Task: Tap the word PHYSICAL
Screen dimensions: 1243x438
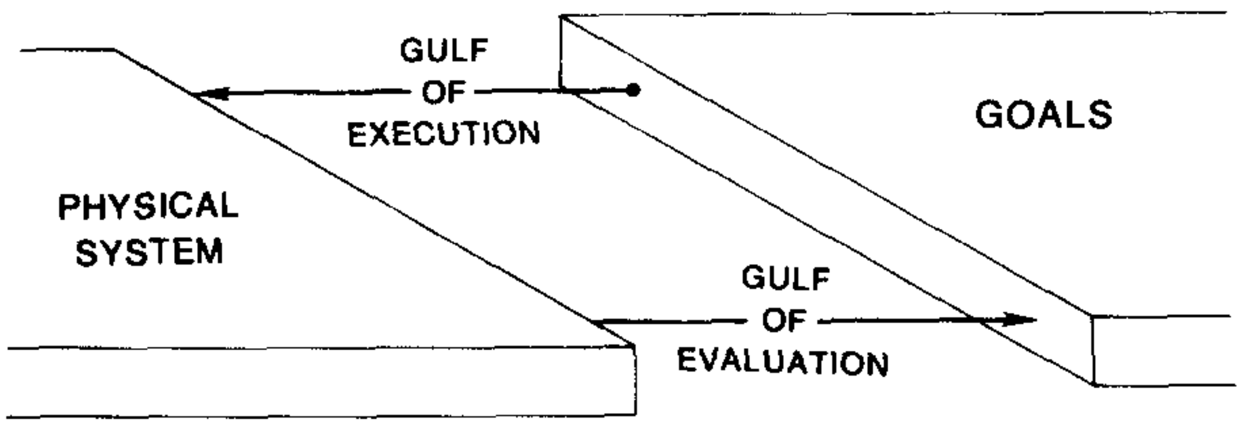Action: click(x=148, y=207)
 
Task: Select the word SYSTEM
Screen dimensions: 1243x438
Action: click(x=149, y=252)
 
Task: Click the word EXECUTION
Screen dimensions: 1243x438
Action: click(x=444, y=133)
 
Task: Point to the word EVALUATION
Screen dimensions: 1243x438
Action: click(x=783, y=362)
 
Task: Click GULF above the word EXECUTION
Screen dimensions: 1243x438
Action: click(x=444, y=51)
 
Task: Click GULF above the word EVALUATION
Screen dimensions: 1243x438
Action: click(x=785, y=278)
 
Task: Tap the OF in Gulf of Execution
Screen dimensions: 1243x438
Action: click(x=443, y=92)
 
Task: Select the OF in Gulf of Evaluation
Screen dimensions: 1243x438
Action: click(x=784, y=320)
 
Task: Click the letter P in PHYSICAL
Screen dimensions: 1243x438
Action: click(x=70, y=207)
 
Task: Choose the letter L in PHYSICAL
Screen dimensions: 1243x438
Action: click(x=229, y=207)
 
